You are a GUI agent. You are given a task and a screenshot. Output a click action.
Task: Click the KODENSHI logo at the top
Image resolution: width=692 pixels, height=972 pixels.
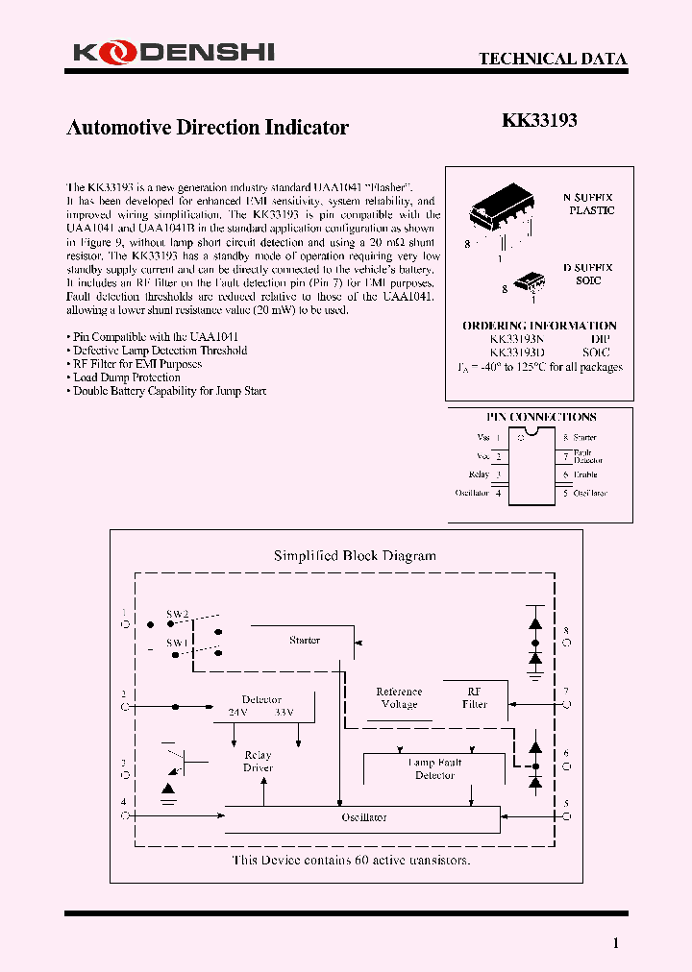pyautogui.click(x=173, y=54)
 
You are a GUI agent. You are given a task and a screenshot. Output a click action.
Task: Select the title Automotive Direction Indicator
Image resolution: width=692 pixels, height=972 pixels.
pyautogui.click(x=207, y=128)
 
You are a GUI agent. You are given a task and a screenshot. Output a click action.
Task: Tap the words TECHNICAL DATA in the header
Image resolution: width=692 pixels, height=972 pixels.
pyautogui.click(x=553, y=59)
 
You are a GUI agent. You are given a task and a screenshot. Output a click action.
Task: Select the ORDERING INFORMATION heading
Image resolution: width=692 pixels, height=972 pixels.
pyautogui.click(x=539, y=326)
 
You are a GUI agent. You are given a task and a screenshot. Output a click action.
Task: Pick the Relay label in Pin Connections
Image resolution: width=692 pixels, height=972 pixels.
pyautogui.click(x=479, y=474)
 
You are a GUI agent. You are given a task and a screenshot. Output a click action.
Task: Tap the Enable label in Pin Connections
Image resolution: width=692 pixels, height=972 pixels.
pyautogui.click(x=585, y=474)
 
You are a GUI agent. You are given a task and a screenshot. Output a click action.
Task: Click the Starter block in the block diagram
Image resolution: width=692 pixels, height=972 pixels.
pyautogui.click(x=305, y=640)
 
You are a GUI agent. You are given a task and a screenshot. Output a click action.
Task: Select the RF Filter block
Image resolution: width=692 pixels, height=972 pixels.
pyautogui.click(x=475, y=697)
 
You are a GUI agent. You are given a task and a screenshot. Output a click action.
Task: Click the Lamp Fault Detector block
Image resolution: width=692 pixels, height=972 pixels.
pyautogui.click(x=434, y=768)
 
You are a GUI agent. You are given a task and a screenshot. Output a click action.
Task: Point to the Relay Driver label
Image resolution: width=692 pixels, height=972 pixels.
pyautogui.click(x=258, y=762)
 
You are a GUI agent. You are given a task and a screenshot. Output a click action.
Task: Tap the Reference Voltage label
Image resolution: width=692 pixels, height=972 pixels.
pyautogui.click(x=399, y=697)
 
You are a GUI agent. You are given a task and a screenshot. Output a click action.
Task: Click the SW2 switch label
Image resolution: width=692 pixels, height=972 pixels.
pyautogui.click(x=178, y=613)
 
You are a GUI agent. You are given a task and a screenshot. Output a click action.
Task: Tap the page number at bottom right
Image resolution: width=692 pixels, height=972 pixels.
pyautogui.click(x=616, y=943)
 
